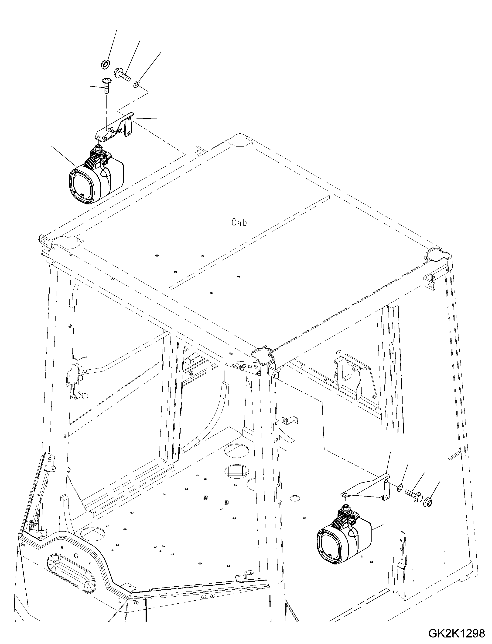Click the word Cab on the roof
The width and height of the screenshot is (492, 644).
pos(239,223)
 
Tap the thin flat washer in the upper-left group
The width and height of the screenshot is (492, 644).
pos(137,85)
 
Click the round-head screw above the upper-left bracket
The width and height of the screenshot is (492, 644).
pos(106,84)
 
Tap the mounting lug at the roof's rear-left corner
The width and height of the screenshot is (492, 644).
pos(199,151)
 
